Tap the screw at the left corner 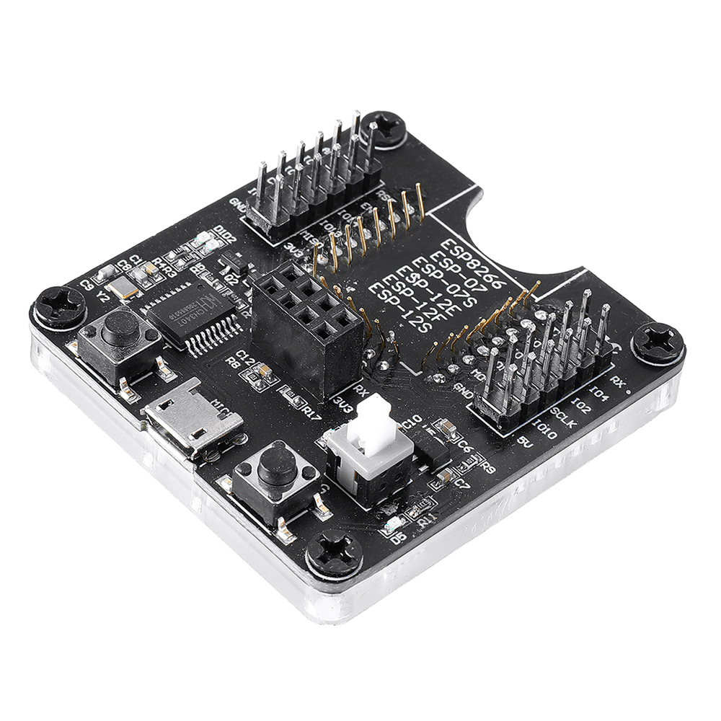[58, 306]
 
